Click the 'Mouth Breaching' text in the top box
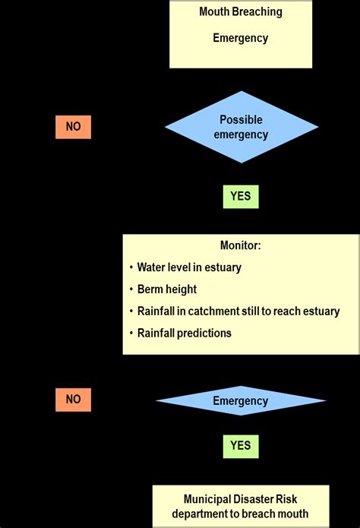click(240, 12)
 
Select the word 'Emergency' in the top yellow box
click(240, 39)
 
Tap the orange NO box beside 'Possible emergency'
click(73, 127)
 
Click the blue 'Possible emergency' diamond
click(241, 127)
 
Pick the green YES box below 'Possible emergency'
click(241, 196)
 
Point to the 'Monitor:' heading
click(240, 246)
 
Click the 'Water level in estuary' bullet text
click(191, 267)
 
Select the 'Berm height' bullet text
click(167, 289)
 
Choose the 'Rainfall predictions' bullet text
click(185, 333)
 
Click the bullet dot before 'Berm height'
click(130, 289)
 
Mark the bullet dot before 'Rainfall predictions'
click(130, 333)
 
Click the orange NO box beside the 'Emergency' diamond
click(73, 400)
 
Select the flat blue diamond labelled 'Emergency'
click(241, 400)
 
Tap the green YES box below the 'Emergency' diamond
click(241, 446)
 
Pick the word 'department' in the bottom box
click(196, 514)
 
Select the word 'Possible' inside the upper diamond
click(241, 120)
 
